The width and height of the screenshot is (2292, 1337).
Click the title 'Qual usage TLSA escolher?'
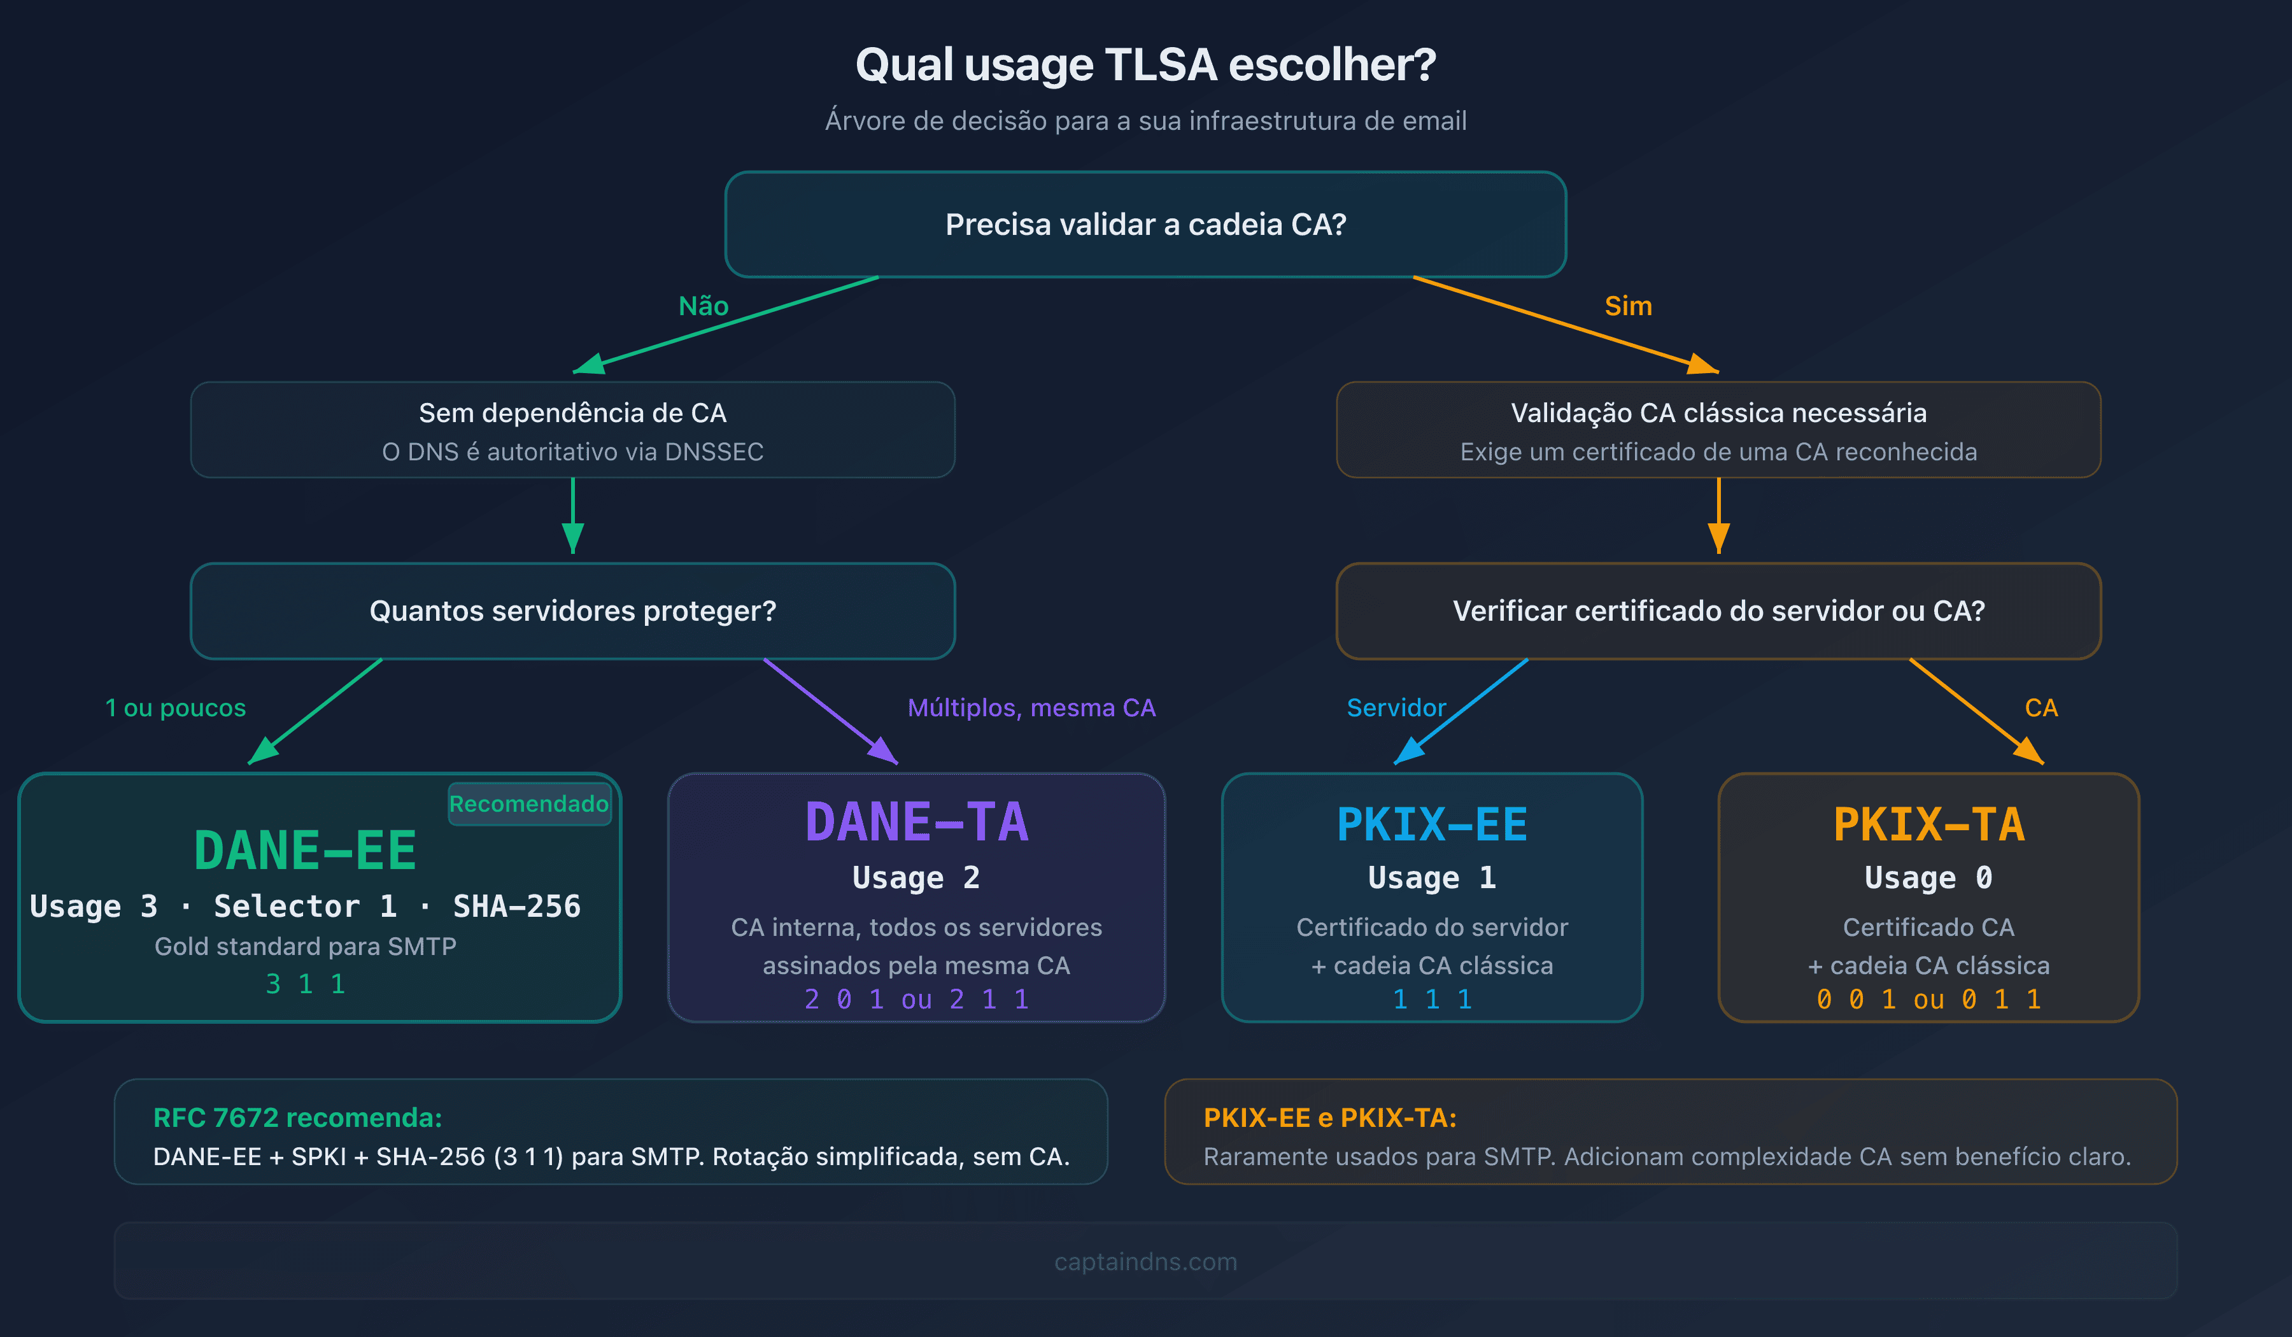(x=1145, y=66)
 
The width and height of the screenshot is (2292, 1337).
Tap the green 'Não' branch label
(x=703, y=306)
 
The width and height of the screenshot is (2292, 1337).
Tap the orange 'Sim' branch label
(x=1628, y=306)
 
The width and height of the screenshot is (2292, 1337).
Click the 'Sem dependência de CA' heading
(x=572, y=413)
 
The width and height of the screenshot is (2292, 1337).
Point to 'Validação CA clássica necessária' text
(x=1718, y=413)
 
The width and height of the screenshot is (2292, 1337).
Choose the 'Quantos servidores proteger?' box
(x=572, y=611)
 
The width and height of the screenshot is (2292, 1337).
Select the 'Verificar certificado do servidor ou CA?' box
(x=1718, y=611)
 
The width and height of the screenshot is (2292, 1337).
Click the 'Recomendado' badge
(x=529, y=804)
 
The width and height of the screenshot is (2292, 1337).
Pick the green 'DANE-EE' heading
(x=305, y=851)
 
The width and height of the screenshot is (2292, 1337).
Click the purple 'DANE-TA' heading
(x=916, y=822)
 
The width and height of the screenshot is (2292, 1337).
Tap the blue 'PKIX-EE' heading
(x=1432, y=825)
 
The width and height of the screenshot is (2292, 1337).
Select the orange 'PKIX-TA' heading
(x=1928, y=825)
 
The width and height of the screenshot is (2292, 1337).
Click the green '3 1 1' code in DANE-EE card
(x=305, y=984)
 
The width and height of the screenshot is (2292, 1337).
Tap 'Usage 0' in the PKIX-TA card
(x=1928, y=878)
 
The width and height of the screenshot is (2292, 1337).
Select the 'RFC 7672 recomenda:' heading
(x=297, y=1118)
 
